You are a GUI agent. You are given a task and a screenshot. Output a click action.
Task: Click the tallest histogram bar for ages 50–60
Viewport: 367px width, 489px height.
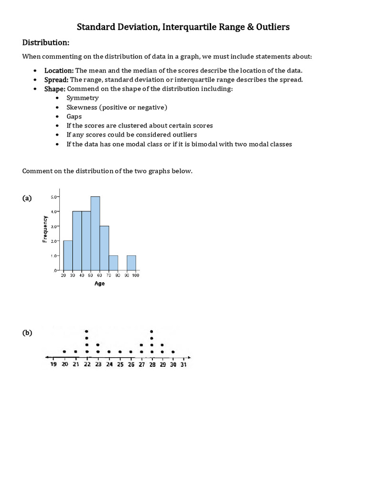point(95,234)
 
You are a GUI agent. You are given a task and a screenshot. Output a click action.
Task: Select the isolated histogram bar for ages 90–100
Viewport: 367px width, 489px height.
point(131,263)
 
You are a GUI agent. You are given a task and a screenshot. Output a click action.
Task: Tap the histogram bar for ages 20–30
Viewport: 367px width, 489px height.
point(68,255)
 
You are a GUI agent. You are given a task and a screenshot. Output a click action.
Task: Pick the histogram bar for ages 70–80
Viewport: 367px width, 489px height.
point(113,263)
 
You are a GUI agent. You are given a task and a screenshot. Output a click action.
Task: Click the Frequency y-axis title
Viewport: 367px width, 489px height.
point(45,230)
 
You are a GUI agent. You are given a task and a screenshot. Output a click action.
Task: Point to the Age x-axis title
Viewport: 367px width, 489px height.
point(99,283)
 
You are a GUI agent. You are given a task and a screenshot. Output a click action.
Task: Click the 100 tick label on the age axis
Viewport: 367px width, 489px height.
point(136,275)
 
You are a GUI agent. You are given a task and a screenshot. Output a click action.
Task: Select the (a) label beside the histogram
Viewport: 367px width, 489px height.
point(27,198)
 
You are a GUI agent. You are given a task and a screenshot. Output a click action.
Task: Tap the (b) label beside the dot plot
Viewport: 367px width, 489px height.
point(27,333)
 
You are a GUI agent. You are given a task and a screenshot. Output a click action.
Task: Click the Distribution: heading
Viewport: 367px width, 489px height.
point(46,43)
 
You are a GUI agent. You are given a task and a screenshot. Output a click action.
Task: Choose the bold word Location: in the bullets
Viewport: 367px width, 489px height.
point(59,70)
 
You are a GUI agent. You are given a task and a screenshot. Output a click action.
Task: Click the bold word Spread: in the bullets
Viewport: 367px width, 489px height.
point(56,79)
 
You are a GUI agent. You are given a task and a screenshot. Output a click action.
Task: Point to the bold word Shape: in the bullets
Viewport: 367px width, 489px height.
point(55,89)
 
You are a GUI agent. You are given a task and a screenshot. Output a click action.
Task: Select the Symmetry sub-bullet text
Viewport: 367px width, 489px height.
point(83,98)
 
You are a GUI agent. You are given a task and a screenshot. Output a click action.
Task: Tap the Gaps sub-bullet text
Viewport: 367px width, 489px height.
point(74,116)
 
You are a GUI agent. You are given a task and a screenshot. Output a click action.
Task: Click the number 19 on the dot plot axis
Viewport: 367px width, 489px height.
point(53,365)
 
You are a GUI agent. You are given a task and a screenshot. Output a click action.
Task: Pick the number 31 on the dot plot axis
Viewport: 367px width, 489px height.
point(183,365)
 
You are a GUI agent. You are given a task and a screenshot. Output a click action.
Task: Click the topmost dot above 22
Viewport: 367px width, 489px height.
point(86,331)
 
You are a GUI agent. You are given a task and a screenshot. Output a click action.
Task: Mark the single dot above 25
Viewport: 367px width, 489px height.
point(120,352)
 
